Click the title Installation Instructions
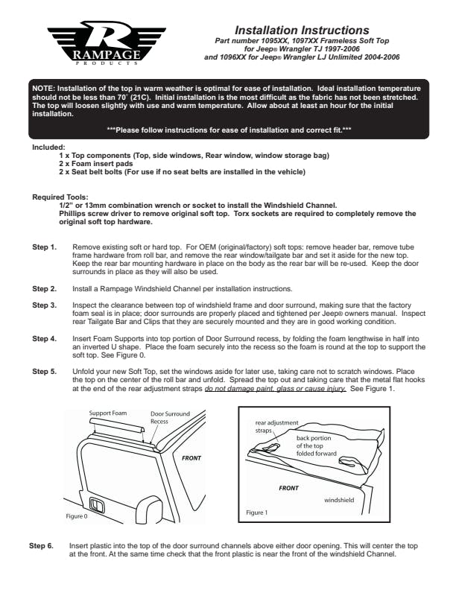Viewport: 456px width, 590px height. [x=303, y=30]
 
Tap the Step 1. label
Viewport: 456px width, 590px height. [x=43, y=246]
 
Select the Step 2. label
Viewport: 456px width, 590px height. [x=43, y=288]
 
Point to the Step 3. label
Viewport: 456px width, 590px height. [x=43, y=305]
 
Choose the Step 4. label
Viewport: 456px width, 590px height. [x=43, y=339]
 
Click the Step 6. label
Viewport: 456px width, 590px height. [x=41, y=546]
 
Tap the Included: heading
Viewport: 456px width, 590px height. [x=49, y=147]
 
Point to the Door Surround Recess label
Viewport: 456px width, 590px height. [x=170, y=417]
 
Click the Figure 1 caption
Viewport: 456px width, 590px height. [x=257, y=513]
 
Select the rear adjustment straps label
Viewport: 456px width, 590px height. [x=268, y=427]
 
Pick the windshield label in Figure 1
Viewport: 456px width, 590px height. [x=339, y=500]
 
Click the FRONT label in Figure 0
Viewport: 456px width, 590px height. [x=192, y=457]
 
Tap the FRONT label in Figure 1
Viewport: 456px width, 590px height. [x=288, y=488]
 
